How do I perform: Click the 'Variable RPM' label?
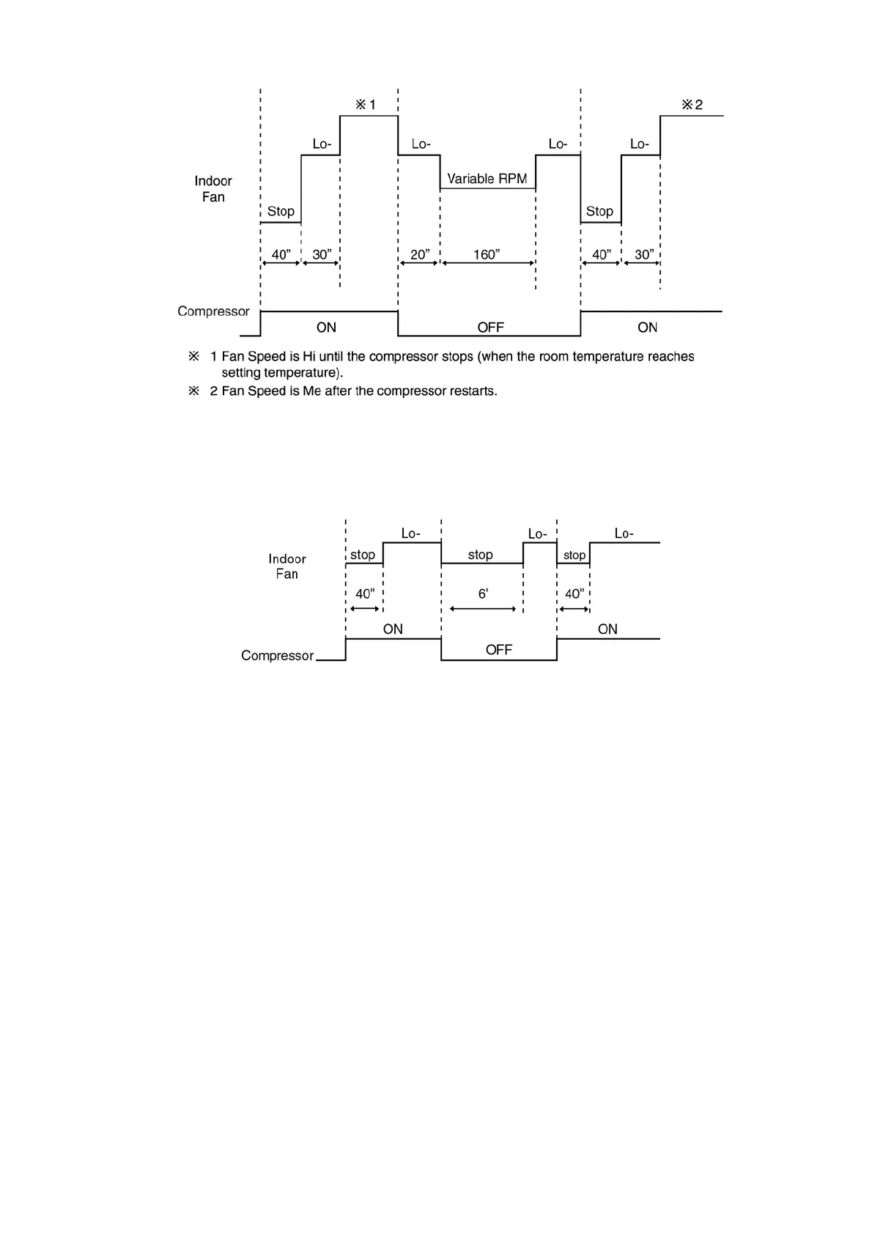pos(487,179)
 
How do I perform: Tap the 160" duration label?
pos(487,254)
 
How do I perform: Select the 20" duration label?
pos(420,254)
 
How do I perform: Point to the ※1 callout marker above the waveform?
pos(366,105)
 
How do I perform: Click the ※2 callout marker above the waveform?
pos(692,105)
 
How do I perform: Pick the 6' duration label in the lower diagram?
pos(483,594)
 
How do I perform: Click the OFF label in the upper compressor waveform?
pos(490,328)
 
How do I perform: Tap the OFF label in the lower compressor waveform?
pos(498,650)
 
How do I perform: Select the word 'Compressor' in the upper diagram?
pos(213,311)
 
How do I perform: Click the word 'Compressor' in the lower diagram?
pos(277,656)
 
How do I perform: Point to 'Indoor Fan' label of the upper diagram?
pos(213,189)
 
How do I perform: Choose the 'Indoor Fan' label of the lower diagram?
pos(287,566)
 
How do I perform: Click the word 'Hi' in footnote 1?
pos(308,357)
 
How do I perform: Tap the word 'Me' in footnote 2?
pos(312,391)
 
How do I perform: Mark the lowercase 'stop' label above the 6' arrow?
pos(480,555)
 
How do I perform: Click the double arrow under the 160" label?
pos(487,263)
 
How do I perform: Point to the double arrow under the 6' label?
pos(483,609)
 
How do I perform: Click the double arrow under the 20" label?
pos(418,263)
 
